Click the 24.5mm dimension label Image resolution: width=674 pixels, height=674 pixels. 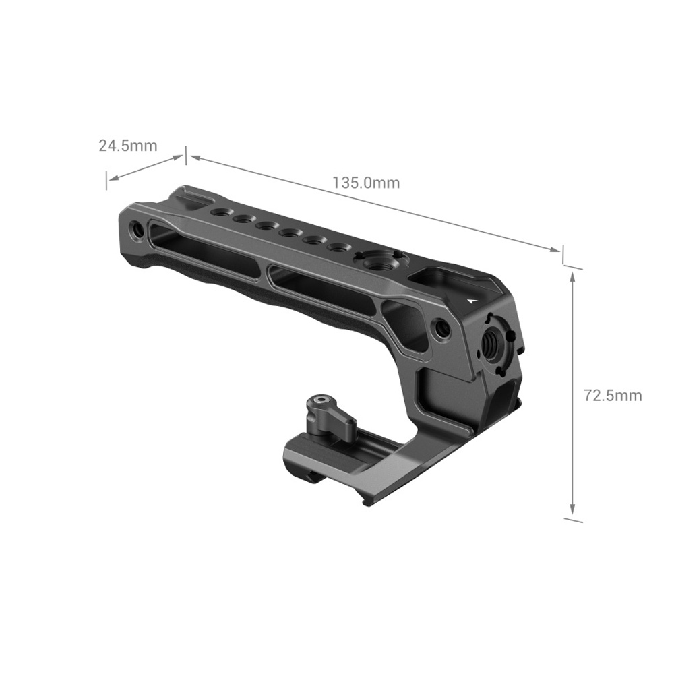(x=128, y=146)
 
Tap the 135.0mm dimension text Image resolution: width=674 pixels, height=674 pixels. (x=366, y=183)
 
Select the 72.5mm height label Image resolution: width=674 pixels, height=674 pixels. (x=613, y=395)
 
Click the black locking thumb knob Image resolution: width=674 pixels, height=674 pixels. (x=332, y=416)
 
